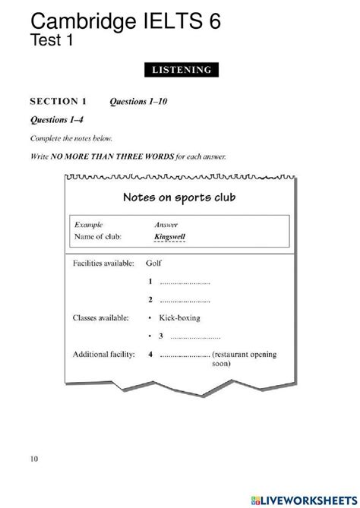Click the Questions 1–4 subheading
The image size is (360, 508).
[55, 120]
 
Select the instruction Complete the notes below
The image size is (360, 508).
[68, 138]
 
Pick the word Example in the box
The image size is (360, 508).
[90, 225]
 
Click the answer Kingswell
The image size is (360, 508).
[169, 236]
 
